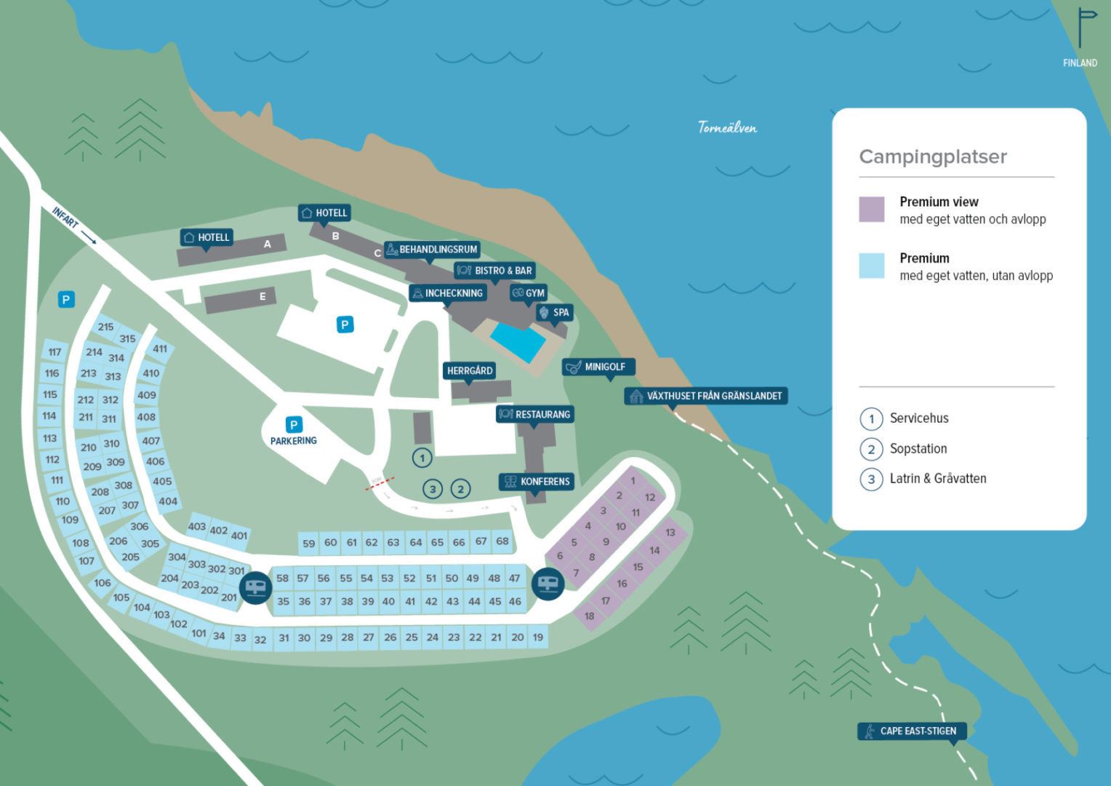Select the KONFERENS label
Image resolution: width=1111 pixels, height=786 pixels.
(537, 482)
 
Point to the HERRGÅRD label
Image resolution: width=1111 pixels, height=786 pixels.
(470, 371)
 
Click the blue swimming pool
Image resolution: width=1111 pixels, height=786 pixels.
(518, 341)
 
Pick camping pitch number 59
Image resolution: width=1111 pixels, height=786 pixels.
(309, 544)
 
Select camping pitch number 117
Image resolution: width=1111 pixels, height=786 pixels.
(55, 352)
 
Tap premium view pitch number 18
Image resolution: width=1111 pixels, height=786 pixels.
(589, 616)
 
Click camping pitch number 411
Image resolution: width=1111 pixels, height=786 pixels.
(160, 349)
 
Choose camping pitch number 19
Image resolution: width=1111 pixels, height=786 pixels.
(538, 638)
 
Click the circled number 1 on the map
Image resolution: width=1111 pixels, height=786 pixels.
(422, 458)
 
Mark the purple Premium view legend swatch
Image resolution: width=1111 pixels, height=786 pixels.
(872, 210)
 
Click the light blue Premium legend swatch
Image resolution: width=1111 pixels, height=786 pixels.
(872, 266)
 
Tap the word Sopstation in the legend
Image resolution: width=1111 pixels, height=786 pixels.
(918, 449)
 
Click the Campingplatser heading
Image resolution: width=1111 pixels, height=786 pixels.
(933, 157)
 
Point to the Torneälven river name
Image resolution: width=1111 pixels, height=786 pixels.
(727, 128)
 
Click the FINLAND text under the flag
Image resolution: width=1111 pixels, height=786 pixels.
(1080, 63)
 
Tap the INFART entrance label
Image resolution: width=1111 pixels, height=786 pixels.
(65, 218)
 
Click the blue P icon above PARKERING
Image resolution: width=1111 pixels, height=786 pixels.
(294, 425)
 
